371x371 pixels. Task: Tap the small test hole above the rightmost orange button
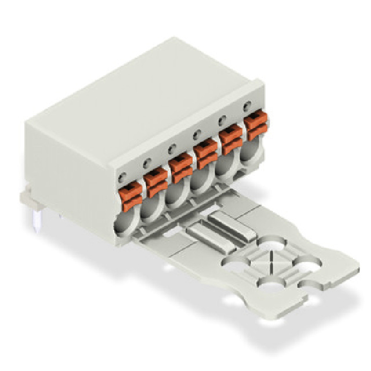click(248, 106)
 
